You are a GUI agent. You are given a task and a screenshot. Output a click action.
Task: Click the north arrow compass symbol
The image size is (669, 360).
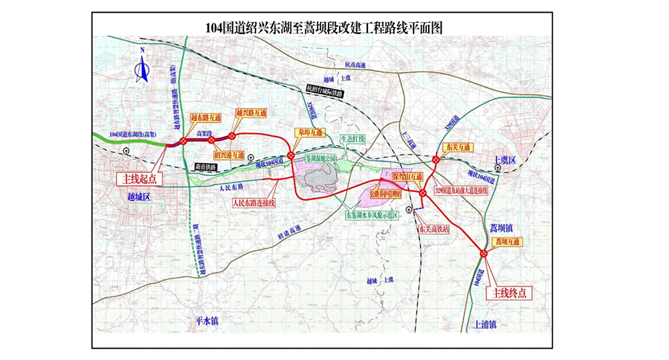tap(142, 67)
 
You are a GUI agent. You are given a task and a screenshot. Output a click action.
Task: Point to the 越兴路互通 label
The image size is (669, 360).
tap(251, 114)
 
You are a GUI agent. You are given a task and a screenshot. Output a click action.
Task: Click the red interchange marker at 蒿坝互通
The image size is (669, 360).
tap(484, 253)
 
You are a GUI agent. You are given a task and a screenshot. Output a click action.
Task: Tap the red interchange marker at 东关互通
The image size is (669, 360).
tap(436, 159)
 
